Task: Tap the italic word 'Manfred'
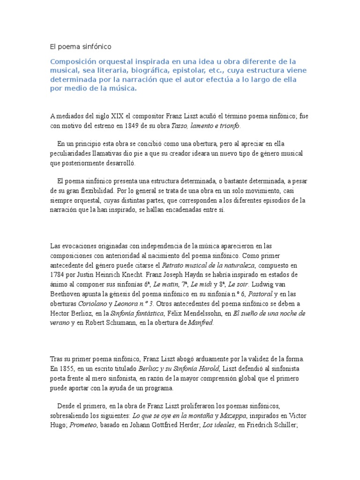201,323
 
